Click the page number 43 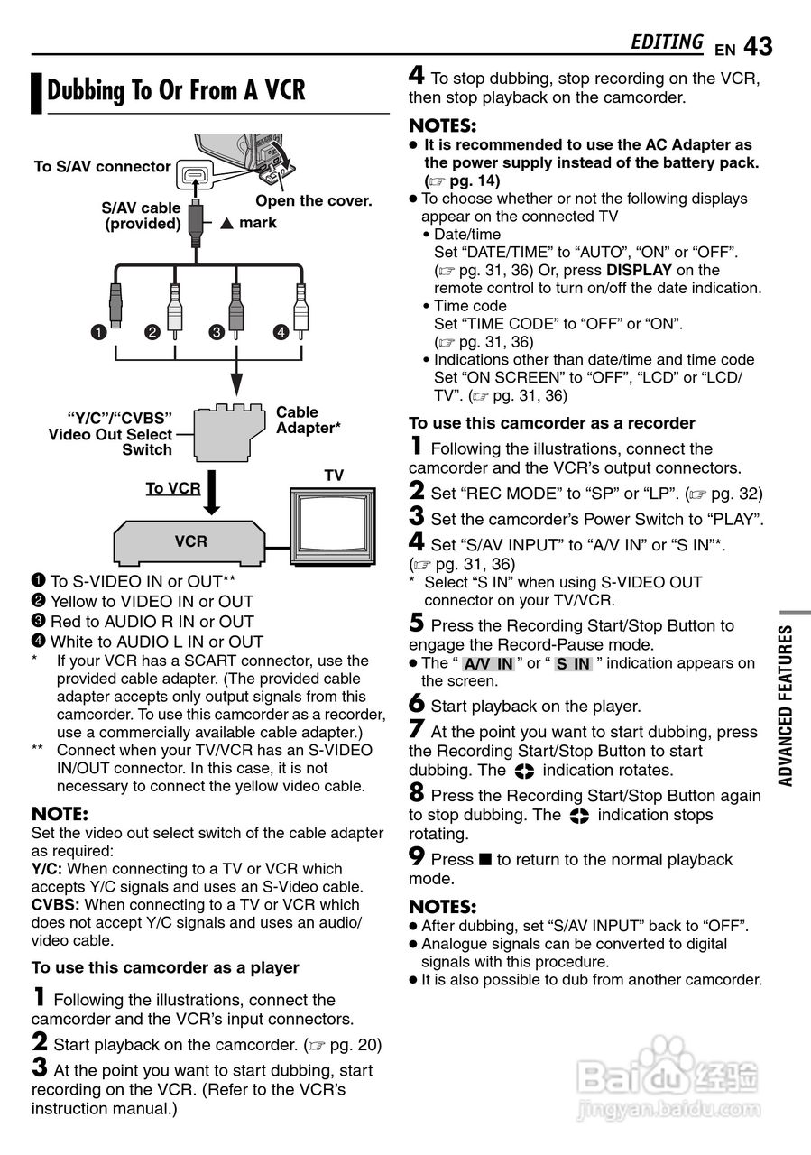coord(759,45)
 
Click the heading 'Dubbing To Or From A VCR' coord(176,90)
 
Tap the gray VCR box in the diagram coord(190,541)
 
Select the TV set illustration coord(334,526)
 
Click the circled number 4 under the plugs coord(281,332)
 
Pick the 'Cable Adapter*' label coord(308,420)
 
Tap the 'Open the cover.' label coord(314,200)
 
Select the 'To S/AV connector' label coord(102,166)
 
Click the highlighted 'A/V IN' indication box coord(488,664)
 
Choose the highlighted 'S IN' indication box coord(573,664)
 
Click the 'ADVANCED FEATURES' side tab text coord(786,706)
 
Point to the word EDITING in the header coord(667,42)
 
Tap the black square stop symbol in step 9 coord(485,860)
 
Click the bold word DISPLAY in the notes coord(639,270)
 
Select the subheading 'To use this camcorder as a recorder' coord(551,423)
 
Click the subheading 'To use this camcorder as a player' coord(165,967)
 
